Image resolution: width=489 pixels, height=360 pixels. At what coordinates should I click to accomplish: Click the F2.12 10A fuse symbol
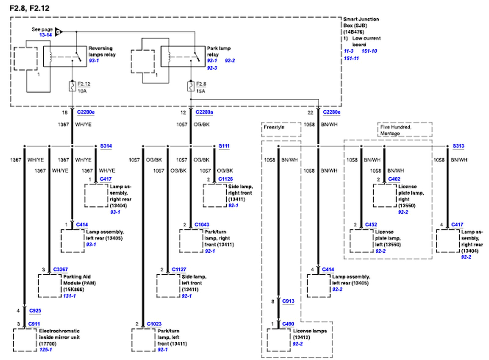click(x=72, y=87)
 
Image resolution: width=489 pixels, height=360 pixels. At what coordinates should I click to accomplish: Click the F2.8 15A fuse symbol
click(x=190, y=87)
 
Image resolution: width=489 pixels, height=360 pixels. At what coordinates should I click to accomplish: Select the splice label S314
click(x=106, y=146)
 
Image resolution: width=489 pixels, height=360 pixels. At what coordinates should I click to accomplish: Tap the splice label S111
click(x=224, y=146)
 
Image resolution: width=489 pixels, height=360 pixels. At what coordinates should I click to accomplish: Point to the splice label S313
click(x=458, y=146)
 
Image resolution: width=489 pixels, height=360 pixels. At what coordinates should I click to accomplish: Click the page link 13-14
click(x=46, y=35)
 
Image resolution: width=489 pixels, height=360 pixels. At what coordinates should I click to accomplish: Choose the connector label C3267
click(x=61, y=269)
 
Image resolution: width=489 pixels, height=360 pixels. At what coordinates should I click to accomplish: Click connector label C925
click(x=35, y=310)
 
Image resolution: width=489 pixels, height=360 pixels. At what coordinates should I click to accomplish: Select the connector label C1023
click(x=154, y=324)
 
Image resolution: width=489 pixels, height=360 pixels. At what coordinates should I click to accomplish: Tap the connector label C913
click(x=288, y=301)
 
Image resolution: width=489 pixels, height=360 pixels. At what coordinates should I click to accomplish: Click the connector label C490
click(x=288, y=324)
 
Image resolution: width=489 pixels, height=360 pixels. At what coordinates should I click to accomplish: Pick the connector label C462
click(x=394, y=179)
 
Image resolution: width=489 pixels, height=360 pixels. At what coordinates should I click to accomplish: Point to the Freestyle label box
click(x=281, y=129)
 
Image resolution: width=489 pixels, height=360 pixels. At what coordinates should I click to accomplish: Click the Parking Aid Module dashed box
click(x=50, y=286)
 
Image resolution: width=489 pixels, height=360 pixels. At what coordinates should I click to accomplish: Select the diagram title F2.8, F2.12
click(x=29, y=8)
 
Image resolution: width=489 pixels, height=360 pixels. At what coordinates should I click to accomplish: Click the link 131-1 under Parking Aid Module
click(x=69, y=296)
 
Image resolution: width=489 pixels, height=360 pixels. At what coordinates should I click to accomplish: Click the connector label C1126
click(x=226, y=179)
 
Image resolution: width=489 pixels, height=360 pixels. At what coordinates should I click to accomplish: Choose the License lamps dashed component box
click(x=279, y=340)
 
